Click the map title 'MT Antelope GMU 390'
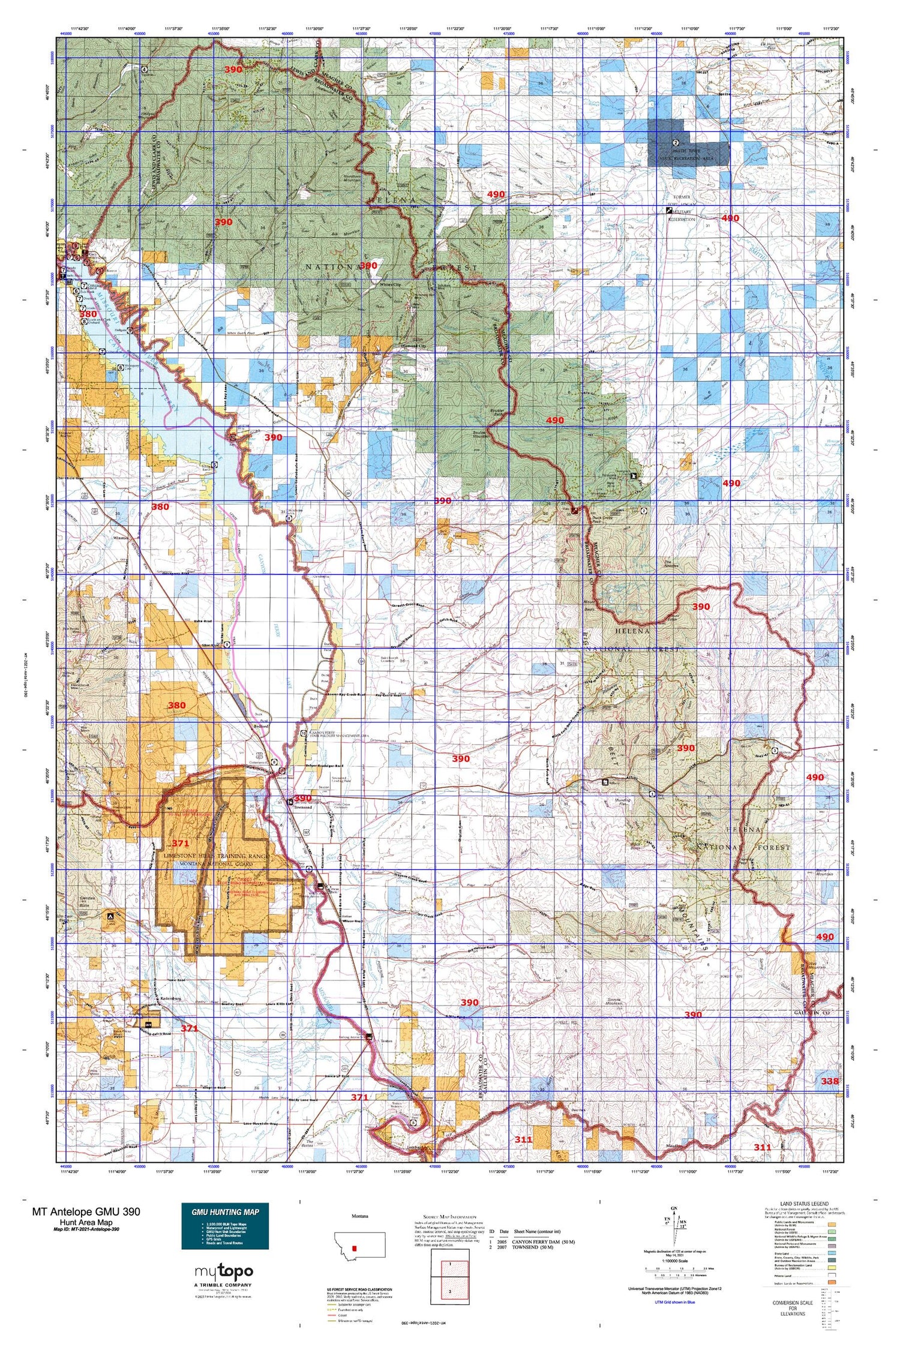pyautogui.click(x=86, y=1211)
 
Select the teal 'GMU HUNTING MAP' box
pyautogui.click(x=224, y=1217)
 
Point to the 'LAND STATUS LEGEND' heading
pyautogui.click(x=803, y=1204)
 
